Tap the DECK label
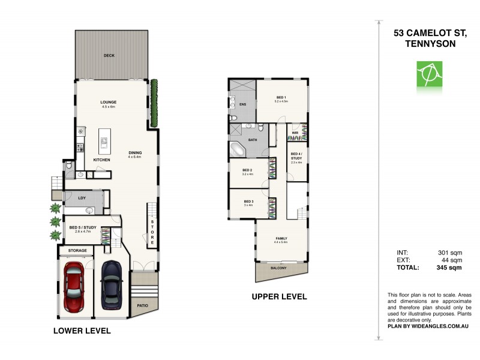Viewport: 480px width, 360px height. [x=109, y=56]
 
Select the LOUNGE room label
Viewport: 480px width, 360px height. [x=109, y=102]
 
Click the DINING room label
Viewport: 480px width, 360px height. [x=135, y=152]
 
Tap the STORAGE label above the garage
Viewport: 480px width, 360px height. [x=77, y=250]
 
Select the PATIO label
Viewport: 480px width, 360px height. [x=142, y=305]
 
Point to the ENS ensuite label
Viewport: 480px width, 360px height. [x=243, y=104]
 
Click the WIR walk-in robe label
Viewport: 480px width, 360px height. [x=296, y=133]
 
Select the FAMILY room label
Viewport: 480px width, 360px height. [x=281, y=238]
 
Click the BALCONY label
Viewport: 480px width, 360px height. [x=278, y=268]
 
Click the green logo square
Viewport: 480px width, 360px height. [x=428, y=74]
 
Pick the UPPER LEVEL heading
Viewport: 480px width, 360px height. [x=279, y=296]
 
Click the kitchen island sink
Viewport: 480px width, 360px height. [x=104, y=143]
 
